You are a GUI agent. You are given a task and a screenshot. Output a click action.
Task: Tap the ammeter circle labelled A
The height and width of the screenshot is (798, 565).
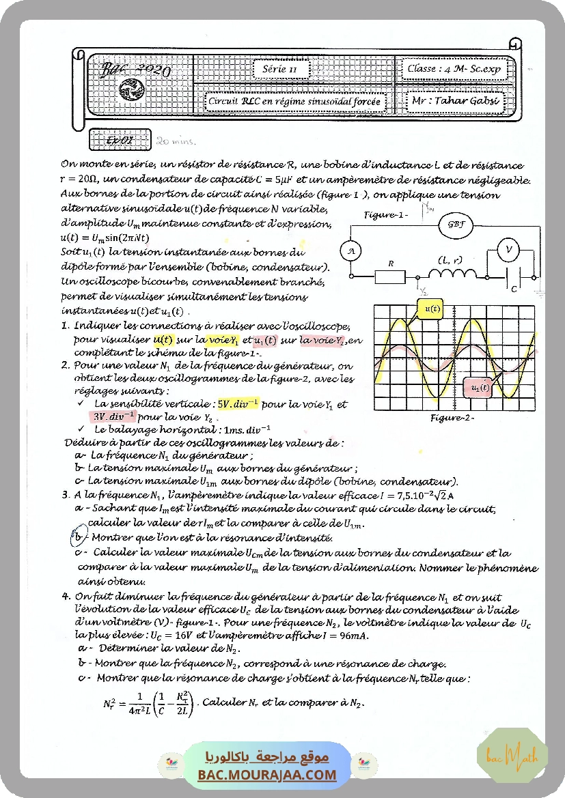tap(350, 251)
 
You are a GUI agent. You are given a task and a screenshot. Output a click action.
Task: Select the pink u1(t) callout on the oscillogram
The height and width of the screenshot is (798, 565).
tap(480, 388)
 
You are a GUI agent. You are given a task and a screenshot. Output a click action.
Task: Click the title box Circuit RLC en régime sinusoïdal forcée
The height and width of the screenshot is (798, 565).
tap(296, 102)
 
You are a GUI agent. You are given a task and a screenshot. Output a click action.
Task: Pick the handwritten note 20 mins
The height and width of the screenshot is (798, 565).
tap(176, 142)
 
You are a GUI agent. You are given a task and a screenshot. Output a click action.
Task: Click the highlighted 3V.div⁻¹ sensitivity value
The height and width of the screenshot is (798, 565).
tap(115, 416)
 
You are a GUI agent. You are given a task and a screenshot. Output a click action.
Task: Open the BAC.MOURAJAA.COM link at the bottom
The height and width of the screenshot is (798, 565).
tap(267, 775)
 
